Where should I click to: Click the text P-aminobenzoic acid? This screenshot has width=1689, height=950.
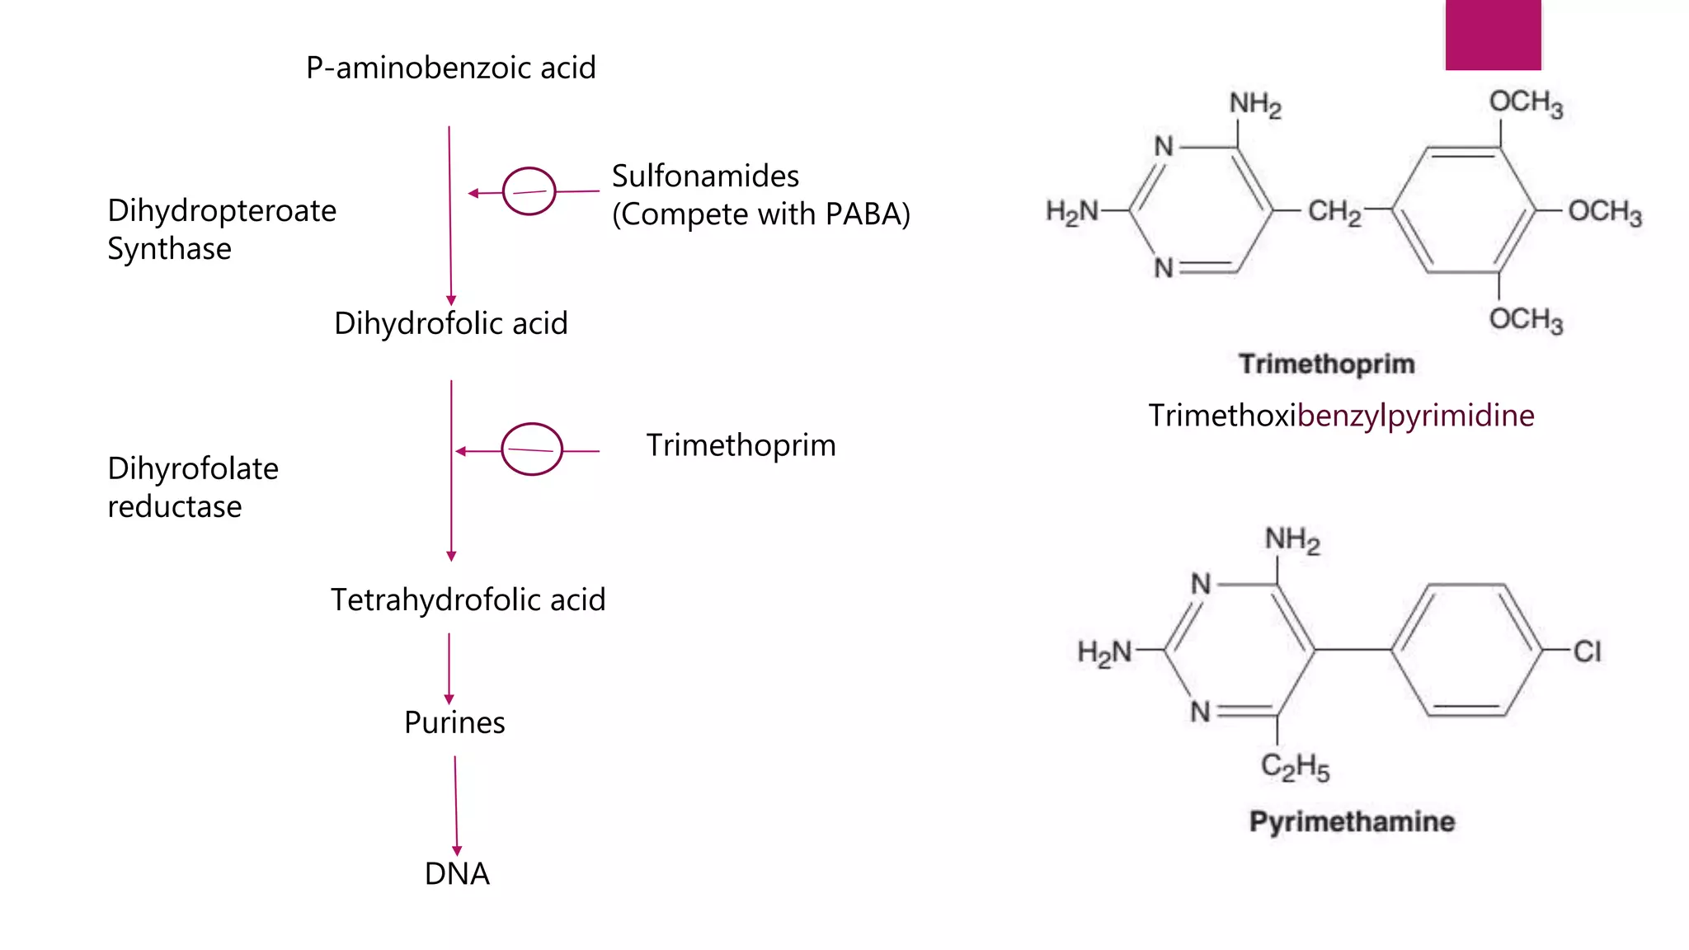[450, 68]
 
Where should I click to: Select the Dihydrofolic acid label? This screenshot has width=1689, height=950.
[450, 323]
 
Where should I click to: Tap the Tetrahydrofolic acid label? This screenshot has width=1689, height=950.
[468, 600]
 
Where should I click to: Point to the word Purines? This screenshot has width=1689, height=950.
[454, 722]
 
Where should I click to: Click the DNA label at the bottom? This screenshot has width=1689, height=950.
[457, 873]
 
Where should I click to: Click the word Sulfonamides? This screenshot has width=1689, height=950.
[705, 176]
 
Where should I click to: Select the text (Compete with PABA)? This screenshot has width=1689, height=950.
[760, 214]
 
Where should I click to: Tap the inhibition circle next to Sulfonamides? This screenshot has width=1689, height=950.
[529, 191]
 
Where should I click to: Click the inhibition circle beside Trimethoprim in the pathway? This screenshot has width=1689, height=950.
[531, 449]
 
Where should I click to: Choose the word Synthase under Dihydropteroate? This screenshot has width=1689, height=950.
[169, 249]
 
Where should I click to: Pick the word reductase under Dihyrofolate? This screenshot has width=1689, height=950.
[175, 506]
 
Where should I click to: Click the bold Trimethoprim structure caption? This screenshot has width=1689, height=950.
[1326, 364]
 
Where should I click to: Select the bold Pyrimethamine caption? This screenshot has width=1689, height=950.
[1352, 821]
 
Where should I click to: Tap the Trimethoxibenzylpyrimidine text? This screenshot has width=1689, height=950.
[1341, 416]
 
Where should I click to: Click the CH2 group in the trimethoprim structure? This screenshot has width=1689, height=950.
[1334, 211]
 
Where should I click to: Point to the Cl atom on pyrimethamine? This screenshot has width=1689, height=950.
[1587, 651]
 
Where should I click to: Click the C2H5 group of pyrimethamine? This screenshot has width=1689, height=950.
[1295, 767]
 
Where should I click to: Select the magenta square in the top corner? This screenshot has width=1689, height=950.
[1493, 35]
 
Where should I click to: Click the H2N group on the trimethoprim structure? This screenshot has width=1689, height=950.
[1071, 212]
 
